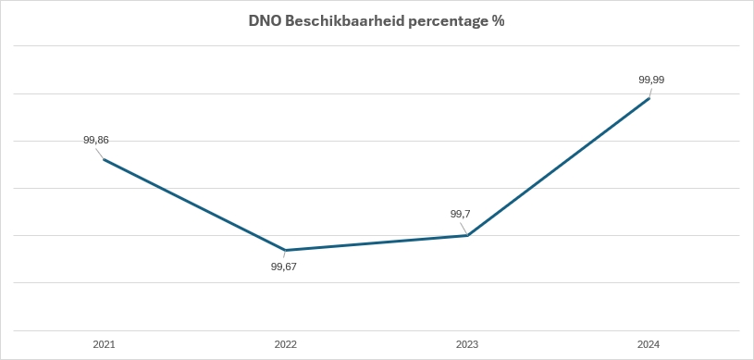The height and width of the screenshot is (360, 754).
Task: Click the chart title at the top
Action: (376, 20)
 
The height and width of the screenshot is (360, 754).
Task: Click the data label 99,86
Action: (96, 140)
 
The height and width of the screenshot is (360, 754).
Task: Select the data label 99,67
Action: (283, 267)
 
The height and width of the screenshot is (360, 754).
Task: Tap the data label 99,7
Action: (461, 214)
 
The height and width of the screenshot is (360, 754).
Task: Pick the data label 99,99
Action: (651, 80)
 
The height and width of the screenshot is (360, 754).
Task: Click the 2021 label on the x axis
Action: (104, 344)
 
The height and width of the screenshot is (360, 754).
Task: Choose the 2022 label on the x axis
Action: (286, 344)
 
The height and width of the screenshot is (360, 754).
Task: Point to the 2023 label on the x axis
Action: (468, 344)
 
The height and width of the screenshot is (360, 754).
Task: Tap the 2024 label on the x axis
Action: (649, 344)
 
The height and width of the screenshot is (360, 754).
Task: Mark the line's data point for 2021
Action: (104, 159)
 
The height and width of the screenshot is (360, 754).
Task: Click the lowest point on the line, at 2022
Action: (286, 250)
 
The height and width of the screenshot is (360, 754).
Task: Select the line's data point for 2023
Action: (468, 235)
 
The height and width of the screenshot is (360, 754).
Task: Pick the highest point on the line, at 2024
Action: (649, 98)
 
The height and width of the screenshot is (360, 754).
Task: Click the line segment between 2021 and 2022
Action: (194, 205)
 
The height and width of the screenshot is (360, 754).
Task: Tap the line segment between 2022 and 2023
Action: (377, 242)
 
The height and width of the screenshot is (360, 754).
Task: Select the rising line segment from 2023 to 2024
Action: (559, 167)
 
